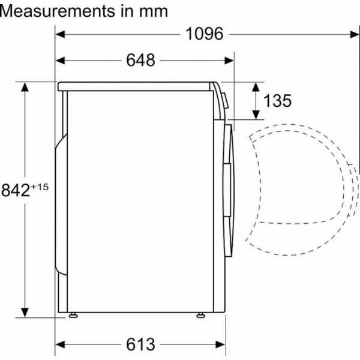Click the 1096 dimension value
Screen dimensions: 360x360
(204, 34)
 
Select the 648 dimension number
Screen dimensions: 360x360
(140, 60)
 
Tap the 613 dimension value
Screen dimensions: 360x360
(140, 344)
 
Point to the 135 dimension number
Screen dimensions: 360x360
(277, 101)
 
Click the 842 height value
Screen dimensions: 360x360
(16, 190)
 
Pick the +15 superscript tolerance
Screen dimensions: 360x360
(40, 187)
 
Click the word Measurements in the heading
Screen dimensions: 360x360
(58, 11)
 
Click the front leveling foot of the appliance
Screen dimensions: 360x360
(201, 315)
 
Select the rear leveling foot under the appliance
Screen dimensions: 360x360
(73, 315)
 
